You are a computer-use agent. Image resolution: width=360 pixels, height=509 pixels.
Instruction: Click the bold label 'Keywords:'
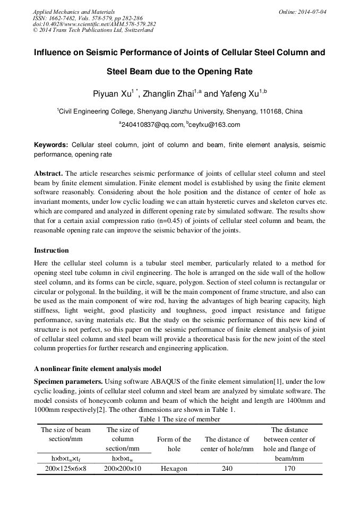click(x=51, y=145)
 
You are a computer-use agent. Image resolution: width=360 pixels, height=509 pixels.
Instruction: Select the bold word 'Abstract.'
click(x=48, y=174)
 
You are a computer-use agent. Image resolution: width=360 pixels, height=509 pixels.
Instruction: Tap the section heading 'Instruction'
click(x=52, y=250)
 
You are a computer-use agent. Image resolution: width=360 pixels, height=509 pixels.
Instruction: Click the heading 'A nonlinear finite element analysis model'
click(x=98, y=369)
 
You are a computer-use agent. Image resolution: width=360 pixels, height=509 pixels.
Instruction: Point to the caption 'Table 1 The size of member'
click(x=179, y=419)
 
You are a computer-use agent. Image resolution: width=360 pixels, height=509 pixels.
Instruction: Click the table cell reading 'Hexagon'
click(x=174, y=469)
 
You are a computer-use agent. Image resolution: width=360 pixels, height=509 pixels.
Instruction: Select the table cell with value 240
click(x=227, y=469)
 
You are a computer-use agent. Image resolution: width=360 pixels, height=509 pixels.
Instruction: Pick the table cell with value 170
click(x=289, y=469)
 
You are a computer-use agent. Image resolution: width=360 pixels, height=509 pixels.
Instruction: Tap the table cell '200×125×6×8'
click(x=66, y=469)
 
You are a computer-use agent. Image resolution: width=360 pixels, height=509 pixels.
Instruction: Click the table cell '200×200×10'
click(x=123, y=469)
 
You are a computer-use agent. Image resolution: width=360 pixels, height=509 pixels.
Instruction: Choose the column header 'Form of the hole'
click(x=174, y=444)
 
